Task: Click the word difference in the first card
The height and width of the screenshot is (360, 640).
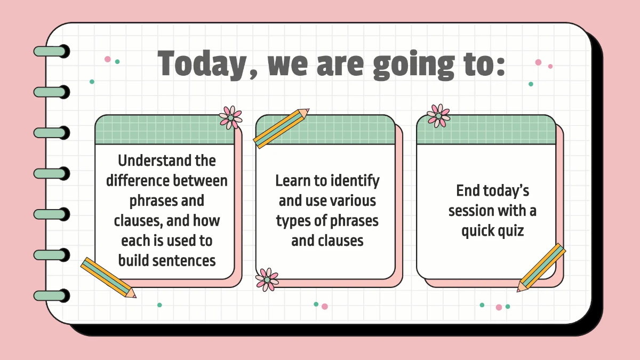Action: click(x=138, y=180)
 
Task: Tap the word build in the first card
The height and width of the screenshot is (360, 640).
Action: click(x=133, y=260)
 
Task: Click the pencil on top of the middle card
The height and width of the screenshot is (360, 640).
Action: click(x=281, y=129)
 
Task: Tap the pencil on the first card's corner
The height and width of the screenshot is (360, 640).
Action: click(x=108, y=277)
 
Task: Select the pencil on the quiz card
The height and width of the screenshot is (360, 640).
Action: click(x=541, y=268)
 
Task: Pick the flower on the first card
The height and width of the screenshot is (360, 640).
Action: click(x=230, y=117)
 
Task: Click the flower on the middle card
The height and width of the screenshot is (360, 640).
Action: click(x=267, y=279)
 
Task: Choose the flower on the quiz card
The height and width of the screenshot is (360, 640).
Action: click(x=438, y=115)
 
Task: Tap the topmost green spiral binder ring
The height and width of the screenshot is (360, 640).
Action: click(x=51, y=51)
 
